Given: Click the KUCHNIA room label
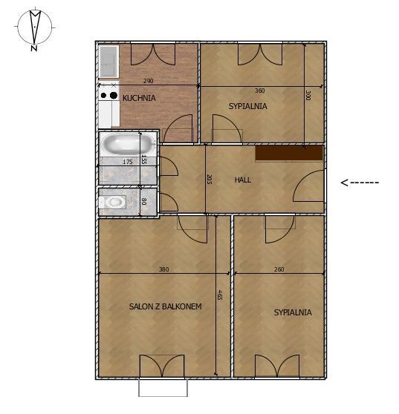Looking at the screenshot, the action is point(139,98).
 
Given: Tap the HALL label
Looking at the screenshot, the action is point(243,180).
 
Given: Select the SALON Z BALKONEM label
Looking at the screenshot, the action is point(165,306).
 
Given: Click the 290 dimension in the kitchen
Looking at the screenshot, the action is point(148,81).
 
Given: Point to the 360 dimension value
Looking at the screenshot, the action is point(259,91).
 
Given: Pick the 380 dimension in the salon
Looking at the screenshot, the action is point(163,269).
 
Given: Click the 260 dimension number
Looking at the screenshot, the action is point(279,269).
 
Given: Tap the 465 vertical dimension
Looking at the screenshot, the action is point(219,295).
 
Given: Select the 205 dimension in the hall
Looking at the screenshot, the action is point(209,179).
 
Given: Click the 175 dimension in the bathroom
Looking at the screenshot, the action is point(128,162).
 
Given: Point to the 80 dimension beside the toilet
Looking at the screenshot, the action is point(144,202).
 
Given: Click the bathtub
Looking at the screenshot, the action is point(129,144).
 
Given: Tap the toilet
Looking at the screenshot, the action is point(113,203).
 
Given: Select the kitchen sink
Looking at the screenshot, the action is point(108,62).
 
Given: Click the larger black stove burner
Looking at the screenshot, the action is point(114,95).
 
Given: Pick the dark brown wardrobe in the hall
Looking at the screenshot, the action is point(289,153).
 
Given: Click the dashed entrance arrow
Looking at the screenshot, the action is point(360,183).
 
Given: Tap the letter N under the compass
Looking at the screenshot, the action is point(34,48).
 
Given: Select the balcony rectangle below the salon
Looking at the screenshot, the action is point(163,387).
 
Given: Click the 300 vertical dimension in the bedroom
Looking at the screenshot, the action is point(308,95).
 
